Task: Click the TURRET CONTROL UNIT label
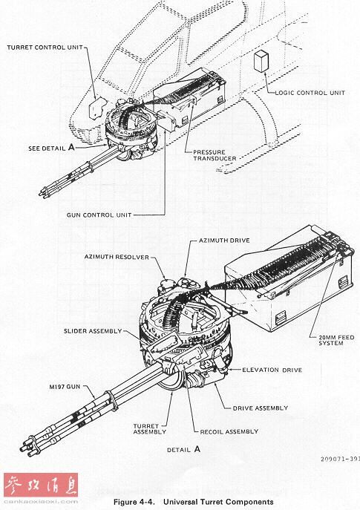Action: point(45,48)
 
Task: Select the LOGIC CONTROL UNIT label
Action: point(310,93)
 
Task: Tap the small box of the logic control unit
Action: point(261,61)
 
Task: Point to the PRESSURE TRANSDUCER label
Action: point(215,155)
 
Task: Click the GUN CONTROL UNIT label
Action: point(99,215)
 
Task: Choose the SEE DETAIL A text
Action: point(51,148)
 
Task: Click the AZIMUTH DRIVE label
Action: point(224,241)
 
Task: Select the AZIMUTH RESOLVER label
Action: point(117,257)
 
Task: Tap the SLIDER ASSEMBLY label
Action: point(93,331)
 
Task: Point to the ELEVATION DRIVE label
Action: point(272,370)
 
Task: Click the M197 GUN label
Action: point(65,387)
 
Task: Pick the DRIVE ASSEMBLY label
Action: point(261,408)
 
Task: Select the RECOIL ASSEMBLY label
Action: point(229,431)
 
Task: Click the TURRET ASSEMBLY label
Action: point(150,429)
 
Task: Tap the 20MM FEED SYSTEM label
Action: point(336,340)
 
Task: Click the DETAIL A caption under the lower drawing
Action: point(184,450)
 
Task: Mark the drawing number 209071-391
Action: point(340,459)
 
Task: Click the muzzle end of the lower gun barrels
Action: point(27,447)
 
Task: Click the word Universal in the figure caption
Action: point(180,502)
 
